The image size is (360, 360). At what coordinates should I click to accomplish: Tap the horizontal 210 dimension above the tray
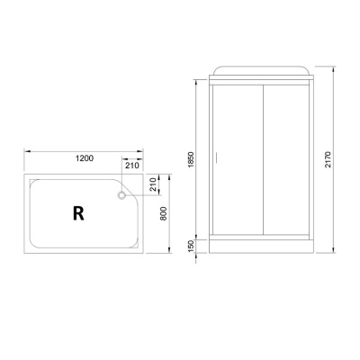tap(131, 165)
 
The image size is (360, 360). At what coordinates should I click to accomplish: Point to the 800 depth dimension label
tap(163, 213)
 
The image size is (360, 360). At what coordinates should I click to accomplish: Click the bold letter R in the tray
tap(78, 213)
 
